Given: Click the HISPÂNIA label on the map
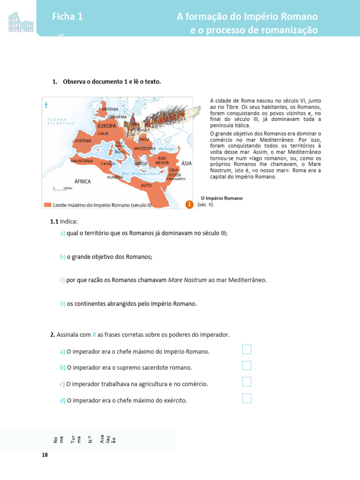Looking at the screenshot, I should (x=83, y=141).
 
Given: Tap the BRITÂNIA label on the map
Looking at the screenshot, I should (x=110, y=109).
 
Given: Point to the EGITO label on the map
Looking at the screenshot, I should (x=146, y=186).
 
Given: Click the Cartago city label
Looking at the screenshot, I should (x=108, y=164).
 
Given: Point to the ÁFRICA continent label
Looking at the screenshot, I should (x=82, y=181).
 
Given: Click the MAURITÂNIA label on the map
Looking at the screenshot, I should (x=81, y=161).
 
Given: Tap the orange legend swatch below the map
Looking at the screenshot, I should (x=47, y=205).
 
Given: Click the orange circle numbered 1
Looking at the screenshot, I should (x=189, y=204).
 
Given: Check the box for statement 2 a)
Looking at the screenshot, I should (x=247, y=349).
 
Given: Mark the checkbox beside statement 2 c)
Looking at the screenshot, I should (x=247, y=382).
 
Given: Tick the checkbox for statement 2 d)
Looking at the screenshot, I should (x=247, y=398).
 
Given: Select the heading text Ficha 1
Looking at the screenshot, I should (x=67, y=17).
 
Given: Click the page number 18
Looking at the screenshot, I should (x=45, y=455).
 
